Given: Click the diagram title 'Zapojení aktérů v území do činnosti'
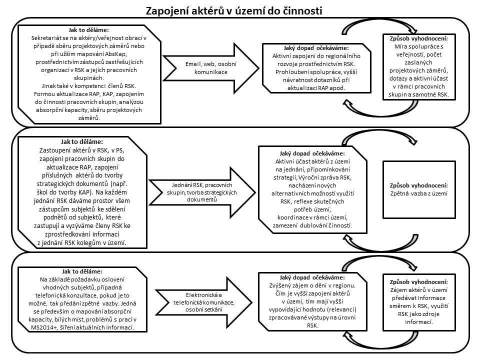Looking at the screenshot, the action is click(234, 10).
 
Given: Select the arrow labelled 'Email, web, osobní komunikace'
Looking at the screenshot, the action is click(211, 68).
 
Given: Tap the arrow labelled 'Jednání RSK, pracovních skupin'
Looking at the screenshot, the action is click(202, 192).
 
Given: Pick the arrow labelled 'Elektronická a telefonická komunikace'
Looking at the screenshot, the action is click(204, 302).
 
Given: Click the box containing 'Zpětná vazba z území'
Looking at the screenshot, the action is click(419, 189).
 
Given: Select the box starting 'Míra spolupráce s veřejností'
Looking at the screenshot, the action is click(419, 66).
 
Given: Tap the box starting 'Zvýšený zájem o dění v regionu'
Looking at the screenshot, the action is click(312, 301).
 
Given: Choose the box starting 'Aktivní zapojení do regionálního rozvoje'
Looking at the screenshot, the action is click(316, 68).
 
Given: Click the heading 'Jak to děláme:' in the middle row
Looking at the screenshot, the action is click(81, 141).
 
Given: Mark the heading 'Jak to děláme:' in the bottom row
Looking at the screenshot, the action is click(82, 271).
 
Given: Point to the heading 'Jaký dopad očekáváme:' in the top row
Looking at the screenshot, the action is click(316, 48).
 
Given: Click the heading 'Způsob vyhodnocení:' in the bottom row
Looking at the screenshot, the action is click(419, 282).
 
